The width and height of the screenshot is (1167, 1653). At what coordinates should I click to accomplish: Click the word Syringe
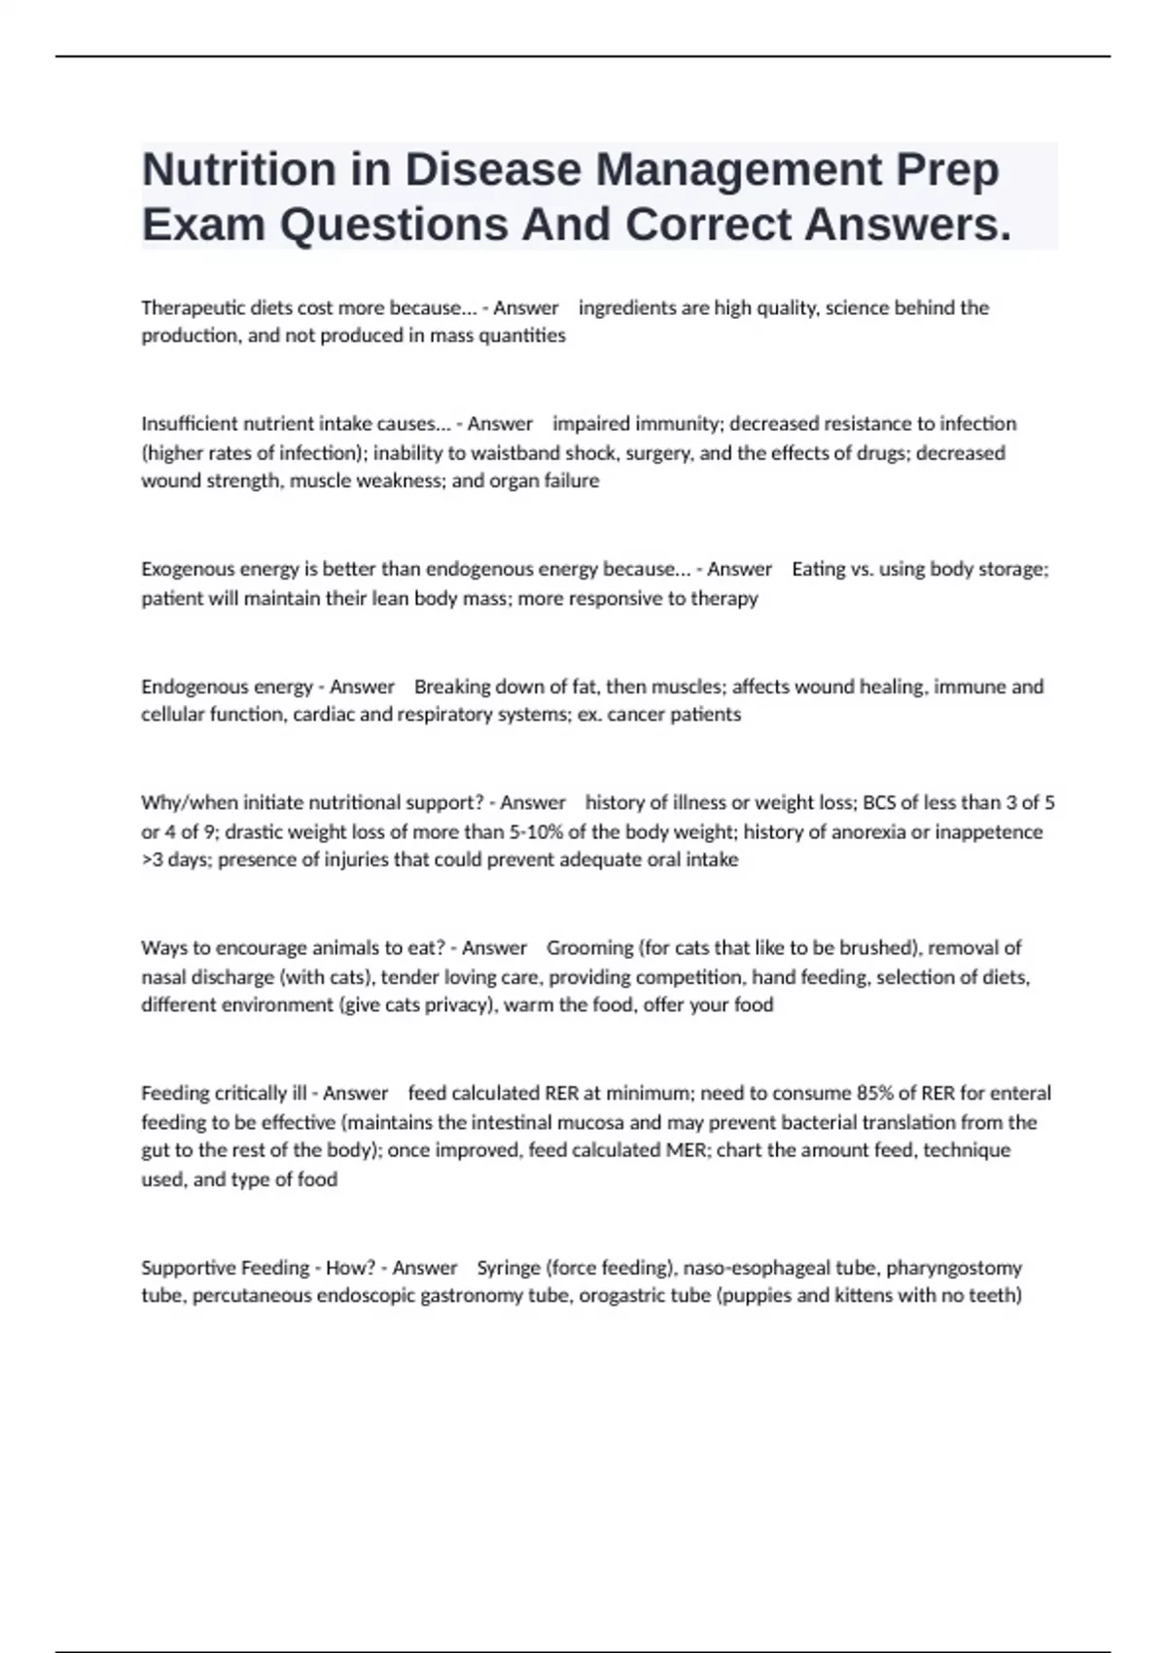pos(509,1268)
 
